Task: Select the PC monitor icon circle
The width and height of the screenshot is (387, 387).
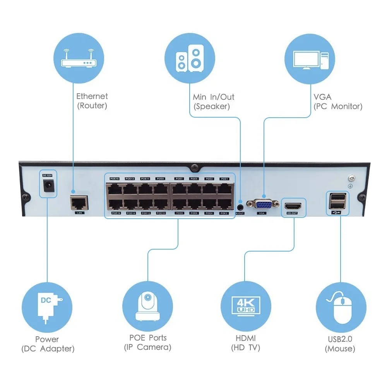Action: pos(310,59)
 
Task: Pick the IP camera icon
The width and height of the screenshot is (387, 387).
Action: pos(147,307)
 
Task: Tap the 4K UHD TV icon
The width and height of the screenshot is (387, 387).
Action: pos(246,307)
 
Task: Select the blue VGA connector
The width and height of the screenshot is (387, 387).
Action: pos(264,204)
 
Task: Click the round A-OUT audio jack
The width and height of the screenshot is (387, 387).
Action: pos(240,202)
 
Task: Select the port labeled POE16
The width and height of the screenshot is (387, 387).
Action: pos(115,204)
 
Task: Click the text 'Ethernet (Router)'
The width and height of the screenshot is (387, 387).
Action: pos(92,101)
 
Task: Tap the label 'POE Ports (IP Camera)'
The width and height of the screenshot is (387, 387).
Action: pos(147,342)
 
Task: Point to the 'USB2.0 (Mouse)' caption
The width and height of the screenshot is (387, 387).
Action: pos(340,344)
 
